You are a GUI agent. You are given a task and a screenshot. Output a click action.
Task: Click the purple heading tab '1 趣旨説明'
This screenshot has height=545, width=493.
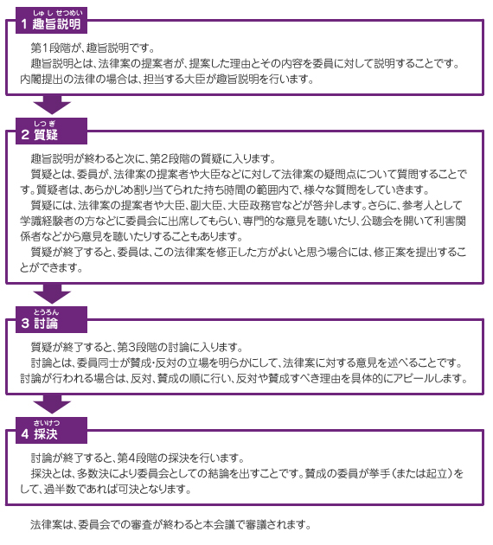pyautogui.click(x=51, y=20)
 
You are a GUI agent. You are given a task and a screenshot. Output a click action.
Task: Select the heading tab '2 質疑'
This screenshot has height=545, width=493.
pyautogui.click(x=51, y=131)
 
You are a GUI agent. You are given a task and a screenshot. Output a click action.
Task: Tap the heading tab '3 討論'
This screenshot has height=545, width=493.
pyautogui.click(x=51, y=319)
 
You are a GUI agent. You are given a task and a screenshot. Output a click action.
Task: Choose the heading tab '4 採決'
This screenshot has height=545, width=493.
pyautogui.click(x=51, y=430)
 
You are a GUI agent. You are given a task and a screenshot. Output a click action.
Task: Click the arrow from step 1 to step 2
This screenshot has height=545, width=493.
pyautogui.click(x=52, y=105)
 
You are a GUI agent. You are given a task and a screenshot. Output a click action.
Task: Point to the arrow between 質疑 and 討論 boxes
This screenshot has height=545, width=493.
pyautogui.click(x=52, y=294)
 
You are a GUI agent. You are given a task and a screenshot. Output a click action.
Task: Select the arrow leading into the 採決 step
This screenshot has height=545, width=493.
pyautogui.click(x=52, y=404)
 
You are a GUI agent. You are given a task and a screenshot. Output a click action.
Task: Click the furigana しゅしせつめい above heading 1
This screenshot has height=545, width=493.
pyautogui.click(x=58, y=13)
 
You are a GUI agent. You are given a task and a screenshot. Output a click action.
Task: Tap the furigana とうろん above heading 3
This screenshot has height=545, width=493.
pyautogui.click(x=46, y=312)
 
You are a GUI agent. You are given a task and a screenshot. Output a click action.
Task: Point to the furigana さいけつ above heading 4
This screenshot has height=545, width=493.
pyautogui.click(x=47, y=423)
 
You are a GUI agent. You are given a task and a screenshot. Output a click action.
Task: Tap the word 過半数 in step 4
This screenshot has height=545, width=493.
pyautogui.click(x=60, y=489)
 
